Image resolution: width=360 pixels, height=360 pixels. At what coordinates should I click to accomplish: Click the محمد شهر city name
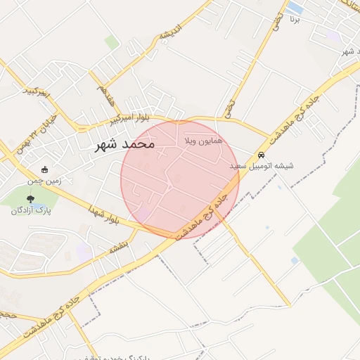124,144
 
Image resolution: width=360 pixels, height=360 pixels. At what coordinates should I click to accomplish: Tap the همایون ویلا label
202,141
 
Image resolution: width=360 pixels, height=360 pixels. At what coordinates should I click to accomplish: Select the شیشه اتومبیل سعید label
262,166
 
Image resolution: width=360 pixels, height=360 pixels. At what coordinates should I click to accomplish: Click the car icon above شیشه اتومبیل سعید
262,155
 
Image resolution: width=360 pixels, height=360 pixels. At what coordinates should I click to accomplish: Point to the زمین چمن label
67,180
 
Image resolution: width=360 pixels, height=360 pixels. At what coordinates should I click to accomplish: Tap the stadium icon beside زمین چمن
46,169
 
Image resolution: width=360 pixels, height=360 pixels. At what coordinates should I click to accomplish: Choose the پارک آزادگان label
30,210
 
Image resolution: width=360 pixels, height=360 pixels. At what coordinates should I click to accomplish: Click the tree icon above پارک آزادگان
30,199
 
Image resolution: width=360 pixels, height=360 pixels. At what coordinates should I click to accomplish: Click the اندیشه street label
172,32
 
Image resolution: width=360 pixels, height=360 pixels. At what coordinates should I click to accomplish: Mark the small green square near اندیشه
112,42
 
